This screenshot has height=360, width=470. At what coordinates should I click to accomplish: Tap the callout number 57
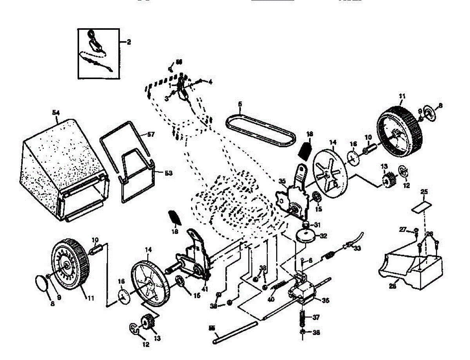151,134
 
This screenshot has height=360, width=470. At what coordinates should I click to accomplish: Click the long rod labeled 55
235,333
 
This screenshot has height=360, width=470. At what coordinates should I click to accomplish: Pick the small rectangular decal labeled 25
421,206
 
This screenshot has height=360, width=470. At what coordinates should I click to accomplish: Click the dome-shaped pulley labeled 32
307,236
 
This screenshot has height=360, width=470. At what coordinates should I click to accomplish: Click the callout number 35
282,181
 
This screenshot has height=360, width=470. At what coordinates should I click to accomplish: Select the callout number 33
357,248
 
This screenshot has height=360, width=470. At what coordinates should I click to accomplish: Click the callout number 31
317,224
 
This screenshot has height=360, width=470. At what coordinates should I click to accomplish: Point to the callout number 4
210,82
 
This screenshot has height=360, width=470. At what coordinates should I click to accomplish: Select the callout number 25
424,192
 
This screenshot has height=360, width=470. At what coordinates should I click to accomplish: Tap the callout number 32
323,236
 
